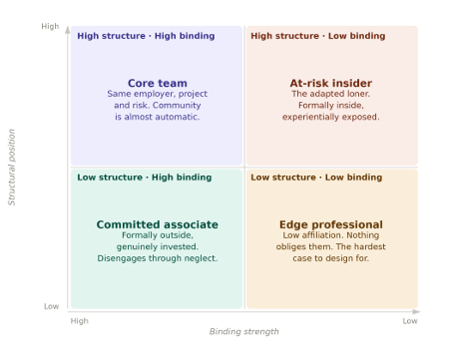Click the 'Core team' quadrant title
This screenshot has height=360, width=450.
(158, 83)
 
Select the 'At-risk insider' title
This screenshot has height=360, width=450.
(331, 83)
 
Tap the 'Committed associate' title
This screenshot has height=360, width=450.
(158, 224)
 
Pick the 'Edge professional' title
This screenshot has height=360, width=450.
(331, 224)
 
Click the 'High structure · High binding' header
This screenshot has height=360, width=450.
(146, 36)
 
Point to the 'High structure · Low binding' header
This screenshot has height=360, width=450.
(318, 36)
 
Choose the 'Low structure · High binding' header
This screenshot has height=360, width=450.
(145, 178)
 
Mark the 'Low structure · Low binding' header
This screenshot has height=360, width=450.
(316, 178)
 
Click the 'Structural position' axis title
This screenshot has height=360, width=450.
(12, 168)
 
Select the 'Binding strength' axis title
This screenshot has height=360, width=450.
(244, 331)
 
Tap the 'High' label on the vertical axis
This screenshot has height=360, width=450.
(50, 26)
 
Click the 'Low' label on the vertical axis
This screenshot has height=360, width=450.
(52, 306)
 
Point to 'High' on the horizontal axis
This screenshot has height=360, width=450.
(80, 321)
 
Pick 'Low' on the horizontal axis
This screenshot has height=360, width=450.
(410, 321)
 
